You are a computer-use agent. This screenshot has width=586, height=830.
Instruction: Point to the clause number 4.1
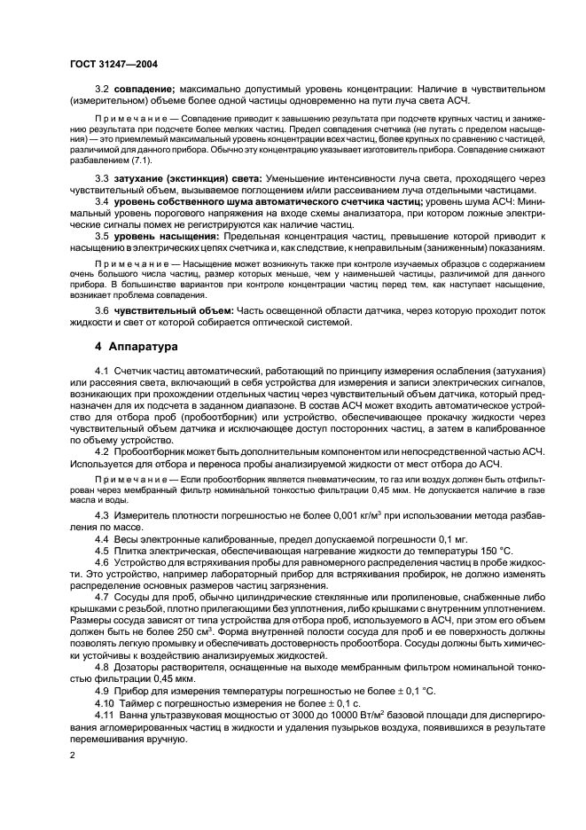[x=101, y=368]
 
